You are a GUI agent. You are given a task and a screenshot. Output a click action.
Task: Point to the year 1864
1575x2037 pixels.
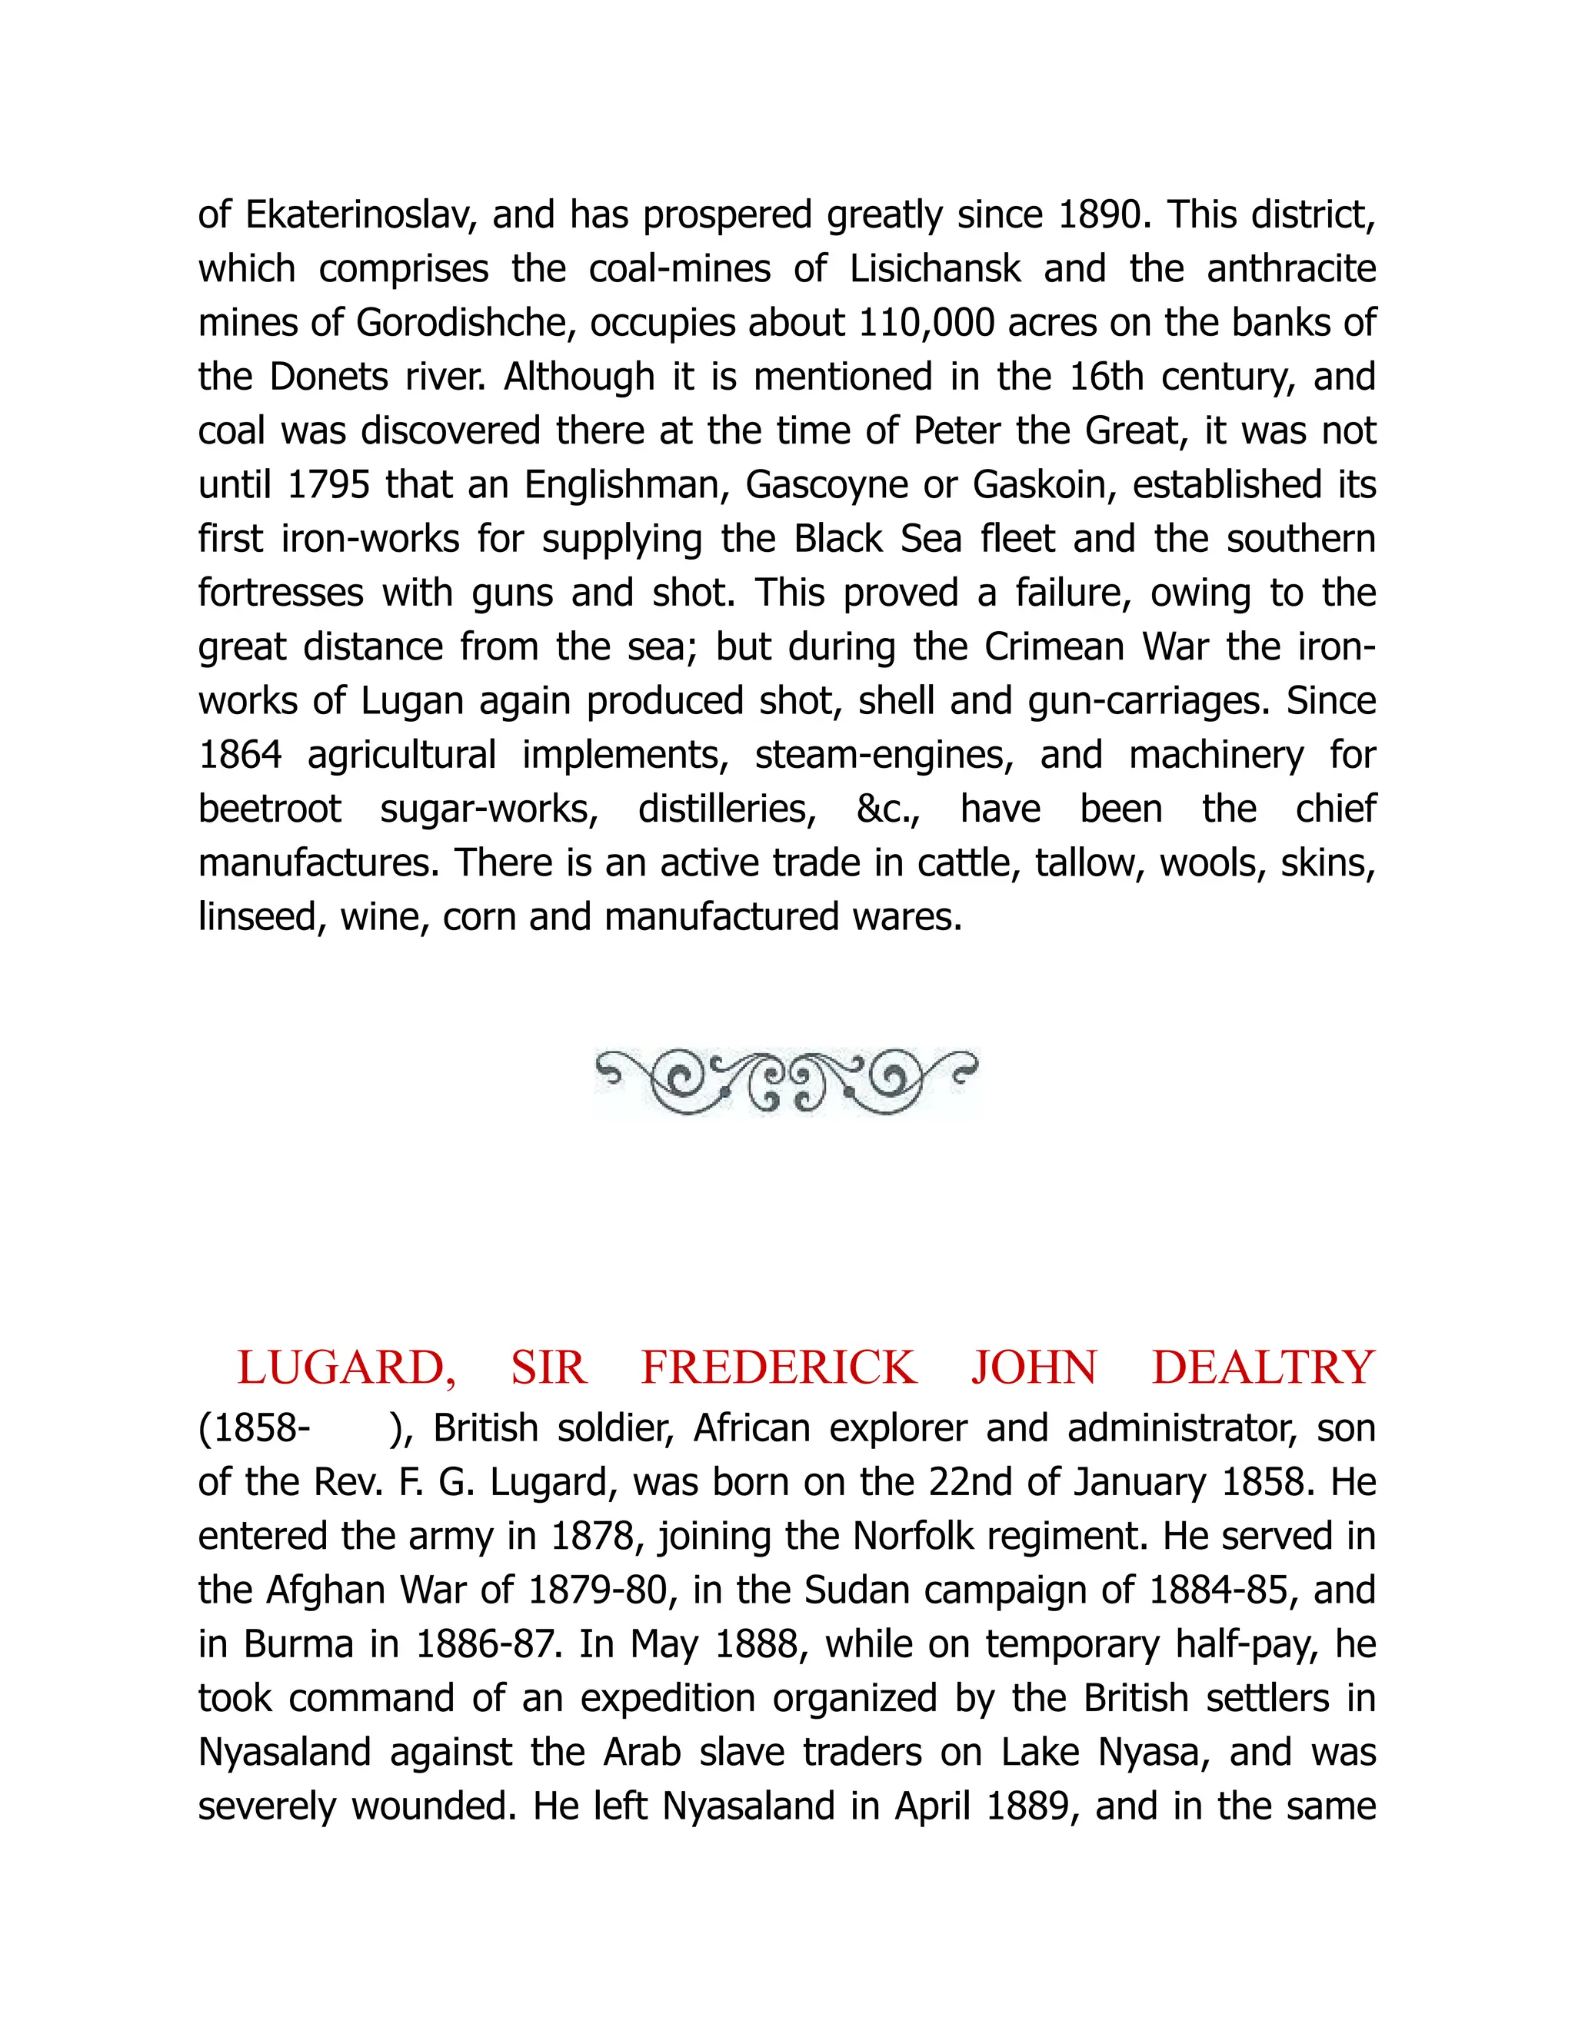coord(240,756)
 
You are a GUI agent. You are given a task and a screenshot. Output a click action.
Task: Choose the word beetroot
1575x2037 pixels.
coord(270,809)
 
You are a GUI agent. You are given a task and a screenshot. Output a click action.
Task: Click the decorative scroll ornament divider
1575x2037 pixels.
coord(787,1082)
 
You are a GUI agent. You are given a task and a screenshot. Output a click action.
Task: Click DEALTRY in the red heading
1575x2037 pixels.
coord(1264,1368)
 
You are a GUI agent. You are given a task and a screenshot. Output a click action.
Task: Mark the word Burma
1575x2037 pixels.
coord(298,1644)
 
